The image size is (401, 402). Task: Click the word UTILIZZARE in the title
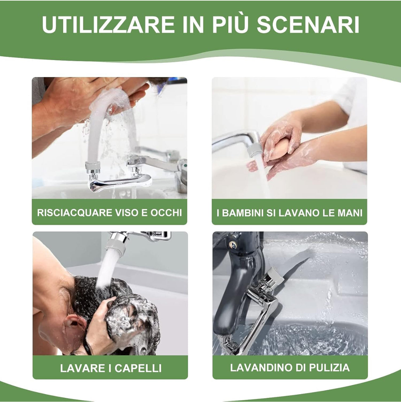pyautogui.click(x=108, y=24)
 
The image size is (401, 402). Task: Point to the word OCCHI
pyautogui.click(x=166, y=213)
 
